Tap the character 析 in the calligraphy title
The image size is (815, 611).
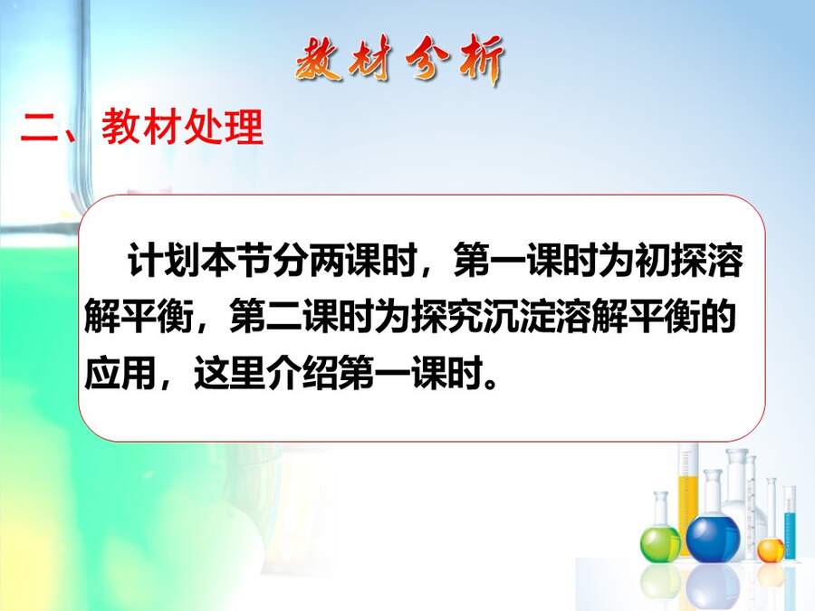479,60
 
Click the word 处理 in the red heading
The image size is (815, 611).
223,128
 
